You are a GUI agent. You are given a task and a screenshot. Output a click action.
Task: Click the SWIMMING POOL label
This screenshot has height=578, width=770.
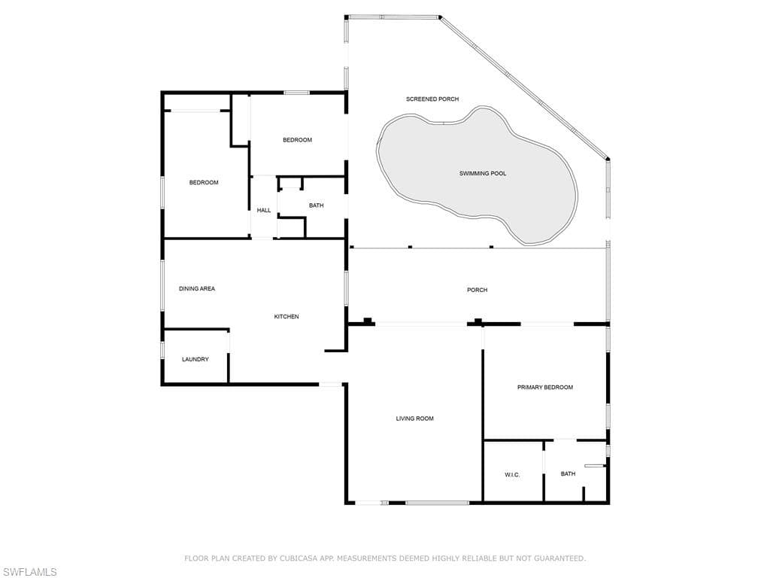[483, 174]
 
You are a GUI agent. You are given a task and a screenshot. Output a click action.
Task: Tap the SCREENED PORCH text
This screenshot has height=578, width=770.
[432, 99]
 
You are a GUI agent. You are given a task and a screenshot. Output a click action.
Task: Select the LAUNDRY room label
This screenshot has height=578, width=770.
[196, 359]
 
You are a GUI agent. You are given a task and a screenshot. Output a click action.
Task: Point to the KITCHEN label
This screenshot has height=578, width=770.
[286, 317]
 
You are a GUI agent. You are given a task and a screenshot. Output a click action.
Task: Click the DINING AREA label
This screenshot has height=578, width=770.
[197, 288]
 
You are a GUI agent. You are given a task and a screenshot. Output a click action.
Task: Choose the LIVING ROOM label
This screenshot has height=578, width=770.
[415, 418]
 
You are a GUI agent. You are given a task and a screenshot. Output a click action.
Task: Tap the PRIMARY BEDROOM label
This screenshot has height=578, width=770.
[545, 388]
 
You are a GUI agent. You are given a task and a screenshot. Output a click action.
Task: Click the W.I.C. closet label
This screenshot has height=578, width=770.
[512, 475]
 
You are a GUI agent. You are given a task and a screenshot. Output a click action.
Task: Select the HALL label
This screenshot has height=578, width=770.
[264, 211]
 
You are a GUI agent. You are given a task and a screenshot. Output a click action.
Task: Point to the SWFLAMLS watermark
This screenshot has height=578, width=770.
[29, 572]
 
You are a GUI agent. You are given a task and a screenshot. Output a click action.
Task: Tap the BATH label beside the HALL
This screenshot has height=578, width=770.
[317, 205]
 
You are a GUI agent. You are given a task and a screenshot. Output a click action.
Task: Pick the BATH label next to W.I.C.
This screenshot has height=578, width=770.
[568, 474]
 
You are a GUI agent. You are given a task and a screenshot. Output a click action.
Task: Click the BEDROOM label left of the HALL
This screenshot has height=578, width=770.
[204, 183]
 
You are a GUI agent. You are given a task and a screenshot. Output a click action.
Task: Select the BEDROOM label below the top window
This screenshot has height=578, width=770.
[298, 140]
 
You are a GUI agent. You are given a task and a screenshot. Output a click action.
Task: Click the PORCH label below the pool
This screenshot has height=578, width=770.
[477, 290]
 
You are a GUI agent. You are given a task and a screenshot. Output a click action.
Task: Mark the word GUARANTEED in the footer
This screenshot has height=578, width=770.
[559, 558]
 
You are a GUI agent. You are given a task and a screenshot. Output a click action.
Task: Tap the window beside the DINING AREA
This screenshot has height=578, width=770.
[162, 285]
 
